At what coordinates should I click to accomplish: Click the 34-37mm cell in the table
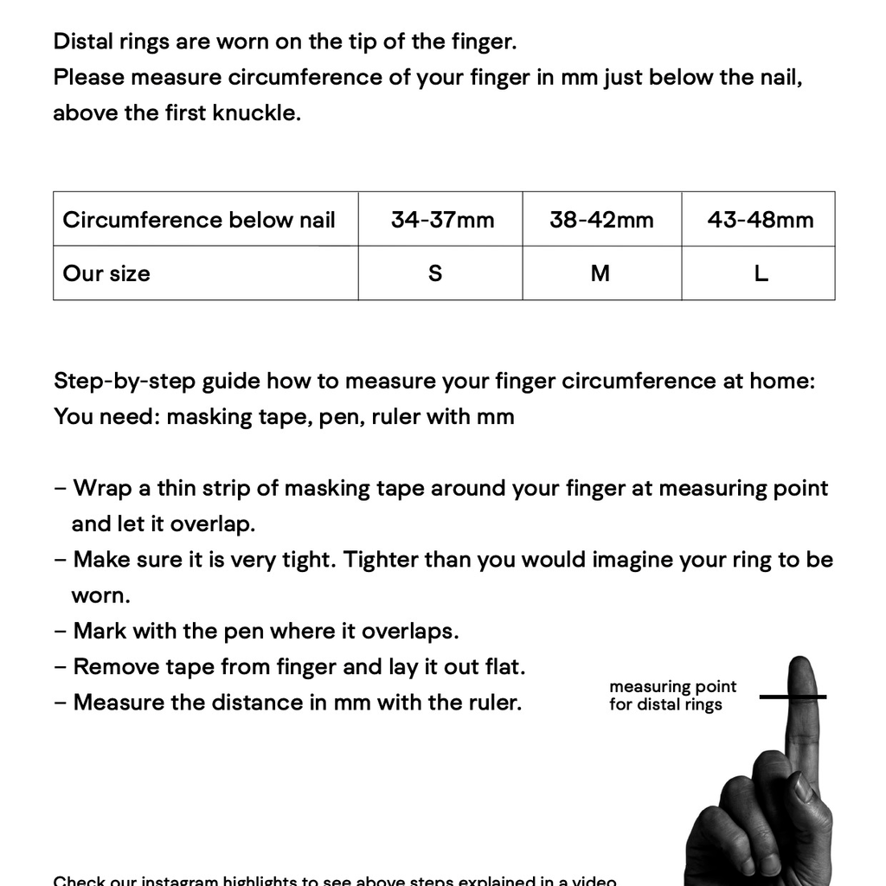click(442, 220)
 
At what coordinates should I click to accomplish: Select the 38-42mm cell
click(601, 220)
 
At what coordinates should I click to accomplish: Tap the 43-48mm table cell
click(760, 220)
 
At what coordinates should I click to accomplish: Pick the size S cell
click(435, 273)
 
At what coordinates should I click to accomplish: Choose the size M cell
click(600, 273)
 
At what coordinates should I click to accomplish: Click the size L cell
click(761, 273)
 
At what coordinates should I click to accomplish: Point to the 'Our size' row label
click(106, 273)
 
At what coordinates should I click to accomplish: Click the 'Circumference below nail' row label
click(199, 220)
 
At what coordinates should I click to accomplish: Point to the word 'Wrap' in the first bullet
click(101, 488)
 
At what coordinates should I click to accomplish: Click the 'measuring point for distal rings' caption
click(671, 696)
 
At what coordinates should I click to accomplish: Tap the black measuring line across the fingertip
click(793, 697)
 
